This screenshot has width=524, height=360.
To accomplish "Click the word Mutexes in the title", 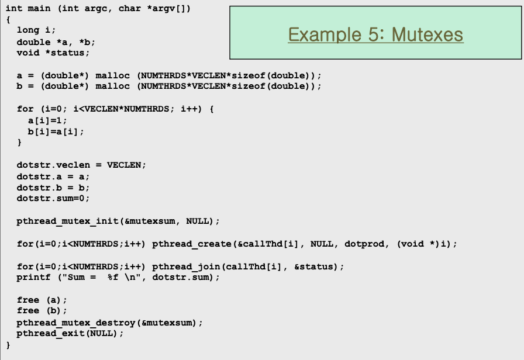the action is click(427, 34).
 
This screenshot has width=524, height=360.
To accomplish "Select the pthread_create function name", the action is click(185, 244).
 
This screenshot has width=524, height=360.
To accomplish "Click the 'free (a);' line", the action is click(42, 300).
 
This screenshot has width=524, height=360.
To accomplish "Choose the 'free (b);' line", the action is click(42, 310).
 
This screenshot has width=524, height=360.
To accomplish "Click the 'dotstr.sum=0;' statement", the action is click(53, 198).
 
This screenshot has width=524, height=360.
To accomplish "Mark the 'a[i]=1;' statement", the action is click(47, 120).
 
